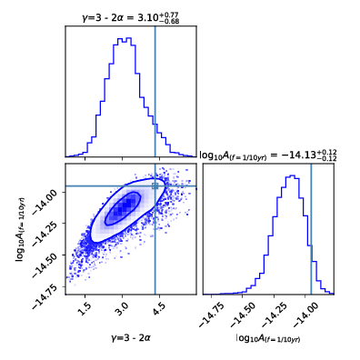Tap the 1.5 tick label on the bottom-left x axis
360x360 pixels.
85,309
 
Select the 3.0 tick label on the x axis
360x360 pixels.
121,309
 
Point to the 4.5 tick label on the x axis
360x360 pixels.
157,309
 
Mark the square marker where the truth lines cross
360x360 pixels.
155,185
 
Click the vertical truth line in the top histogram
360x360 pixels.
155,91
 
